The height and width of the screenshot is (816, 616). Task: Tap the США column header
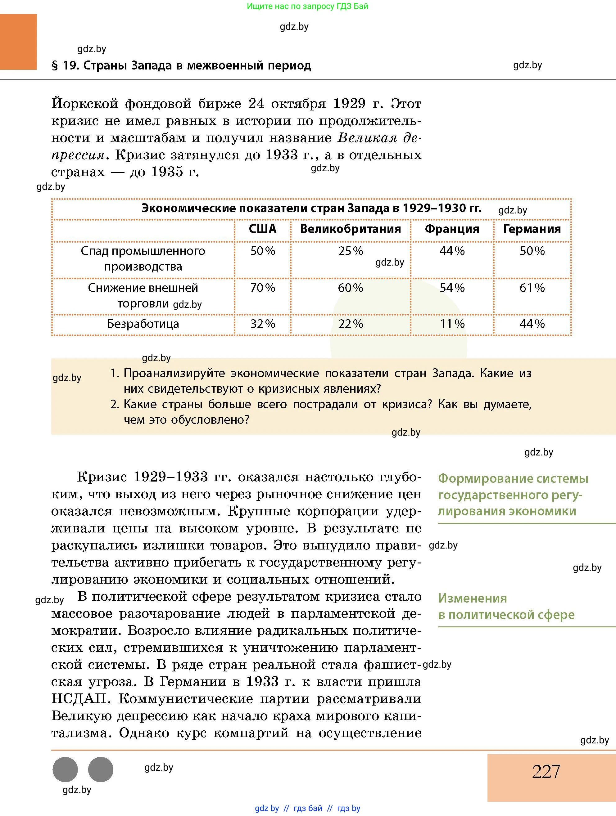[x=262, y=229]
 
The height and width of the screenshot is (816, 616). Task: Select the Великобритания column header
[x=350, y=229]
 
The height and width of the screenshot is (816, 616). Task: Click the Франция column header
[x=452, y=229]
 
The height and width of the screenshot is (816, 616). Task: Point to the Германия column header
[x=532, y=229]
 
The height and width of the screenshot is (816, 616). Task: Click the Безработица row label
[x=143, y=324]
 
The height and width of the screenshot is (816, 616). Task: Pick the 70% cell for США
[x=262, y=288]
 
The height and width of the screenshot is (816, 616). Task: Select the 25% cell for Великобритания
[x=351, y=251]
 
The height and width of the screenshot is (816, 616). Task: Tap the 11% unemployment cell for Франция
[x=452, y=324]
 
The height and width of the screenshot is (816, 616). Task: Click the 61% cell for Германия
[x=532, y=288]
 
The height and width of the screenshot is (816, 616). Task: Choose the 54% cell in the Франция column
[x=452, y=288]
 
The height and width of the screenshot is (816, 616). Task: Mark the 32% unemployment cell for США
[x=262, y=324]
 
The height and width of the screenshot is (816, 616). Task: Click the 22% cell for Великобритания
[x=351, y=324]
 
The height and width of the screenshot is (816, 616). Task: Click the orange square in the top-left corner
[x=18, y=42]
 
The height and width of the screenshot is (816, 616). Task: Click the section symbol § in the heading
[x=55, y=66]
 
